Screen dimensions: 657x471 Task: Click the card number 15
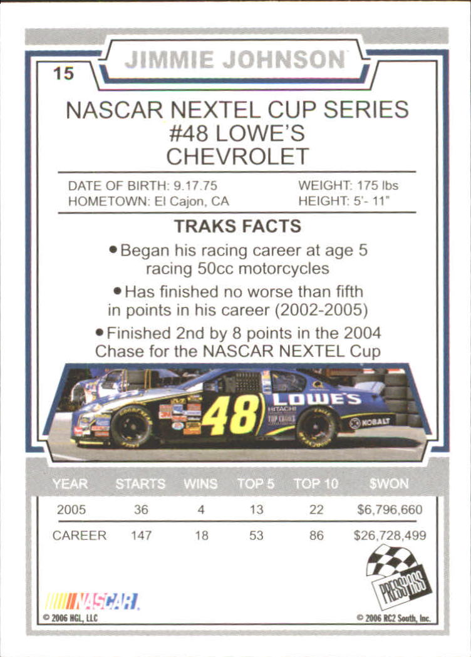coord(63,73)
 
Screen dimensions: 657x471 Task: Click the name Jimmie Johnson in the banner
coord(235,60)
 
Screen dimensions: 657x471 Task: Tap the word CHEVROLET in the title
coord(237,156)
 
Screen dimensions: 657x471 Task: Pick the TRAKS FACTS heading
coord(237,226)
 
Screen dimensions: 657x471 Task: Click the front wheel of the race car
coord(132,426)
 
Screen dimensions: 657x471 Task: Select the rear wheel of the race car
coord(317,426)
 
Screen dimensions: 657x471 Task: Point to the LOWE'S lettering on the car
coord(316,399)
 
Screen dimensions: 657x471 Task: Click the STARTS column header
coord(140,484)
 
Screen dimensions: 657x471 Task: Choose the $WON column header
coord(389,484)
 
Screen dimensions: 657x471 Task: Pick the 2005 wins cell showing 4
coord(200,510)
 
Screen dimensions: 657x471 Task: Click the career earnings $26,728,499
coord(390,536)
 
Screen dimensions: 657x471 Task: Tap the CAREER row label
coord(79,536)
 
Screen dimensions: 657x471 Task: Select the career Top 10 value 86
coord(316,536)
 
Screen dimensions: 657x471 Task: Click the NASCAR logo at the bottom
coord(92,601)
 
